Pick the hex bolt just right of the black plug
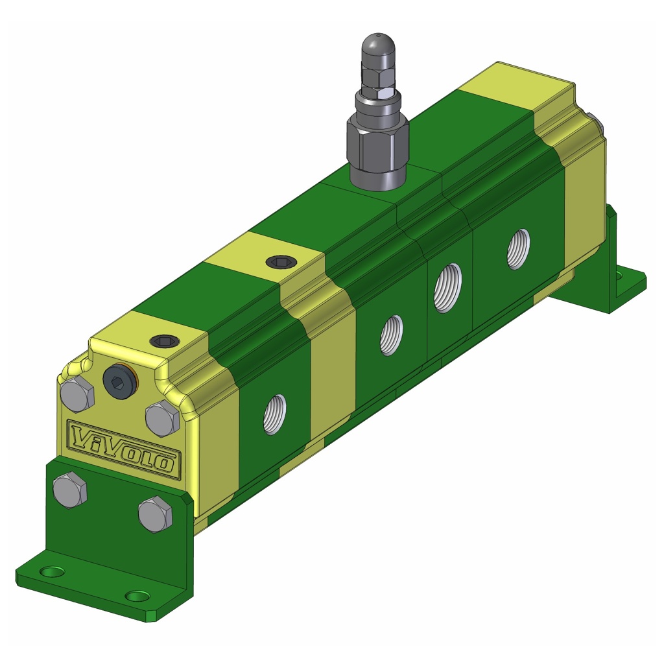[x=162, y=418]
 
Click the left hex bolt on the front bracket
[x=69, y=490]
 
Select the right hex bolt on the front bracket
[x=156, y=514]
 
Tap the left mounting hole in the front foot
[x=51, y=572]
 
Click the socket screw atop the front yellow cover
[x=164, y=340]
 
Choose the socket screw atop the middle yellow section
[x=281, y=262]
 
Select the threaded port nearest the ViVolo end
[x=274, y=414]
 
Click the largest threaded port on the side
[x=447, y=287]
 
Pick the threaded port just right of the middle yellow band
[x=391, y=335]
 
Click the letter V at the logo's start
[x=81, y=438]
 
